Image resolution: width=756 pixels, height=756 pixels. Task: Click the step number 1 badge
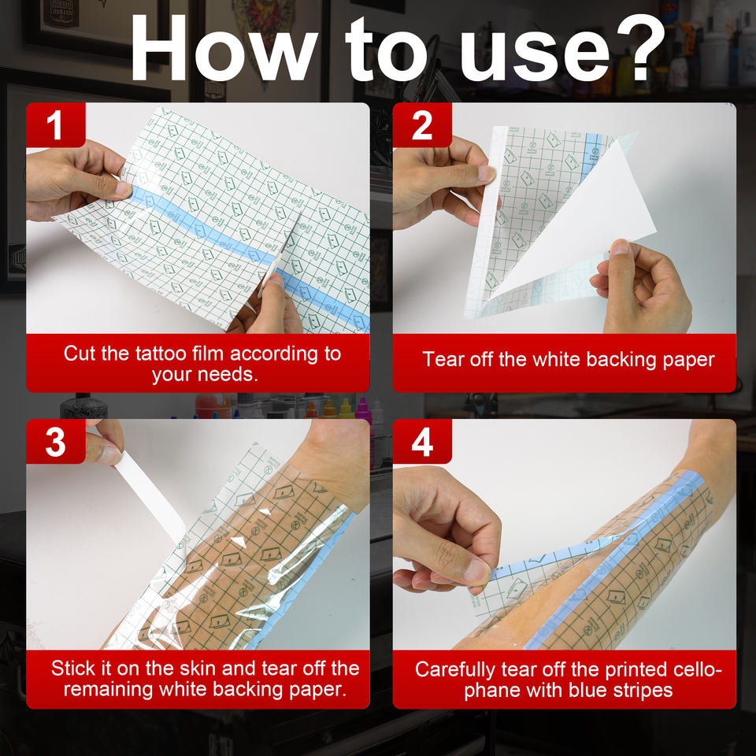55,125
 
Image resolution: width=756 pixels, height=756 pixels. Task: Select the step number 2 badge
422,125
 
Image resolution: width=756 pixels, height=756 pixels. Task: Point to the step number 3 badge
55,442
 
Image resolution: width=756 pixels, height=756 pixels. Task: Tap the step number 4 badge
422,442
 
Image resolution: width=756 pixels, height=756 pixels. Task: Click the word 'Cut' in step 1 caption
80,354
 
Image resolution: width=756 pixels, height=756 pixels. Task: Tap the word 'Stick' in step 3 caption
72,669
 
